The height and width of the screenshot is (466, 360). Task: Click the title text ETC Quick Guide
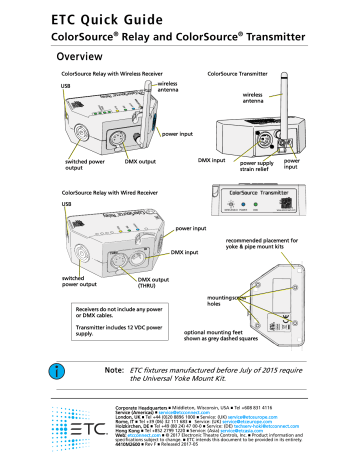111,13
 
